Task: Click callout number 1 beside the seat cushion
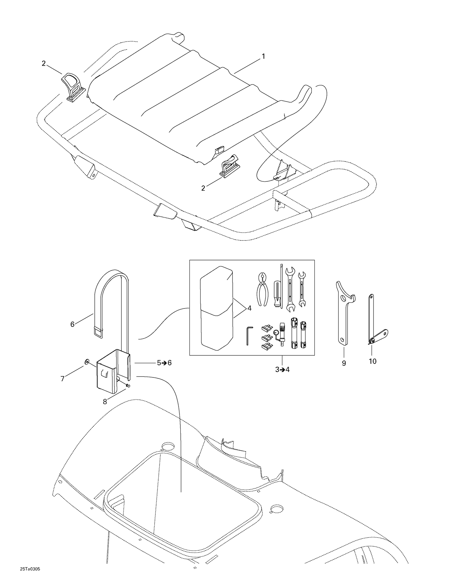(x=263, y=56)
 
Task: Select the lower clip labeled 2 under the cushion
(x=229, y=166)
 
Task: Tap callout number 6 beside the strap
(x=72, y=324)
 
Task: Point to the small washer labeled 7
(x=87, y=361)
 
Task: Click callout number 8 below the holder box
(x=105, y=402)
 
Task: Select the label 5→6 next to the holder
(x=164, y=363)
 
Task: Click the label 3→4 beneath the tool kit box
(x=282, y=369)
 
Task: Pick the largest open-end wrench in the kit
(x=290, y=289)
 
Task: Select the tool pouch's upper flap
(x=216, y=290)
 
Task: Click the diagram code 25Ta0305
(x=30, y=569)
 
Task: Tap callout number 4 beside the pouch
(x=249, y=308)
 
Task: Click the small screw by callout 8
(x=128, y=385)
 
